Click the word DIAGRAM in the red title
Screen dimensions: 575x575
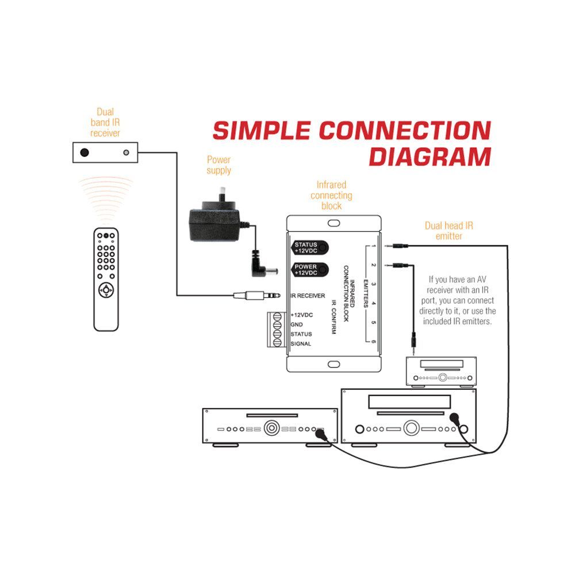coord(430,156)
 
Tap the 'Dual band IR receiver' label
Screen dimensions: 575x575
coord(105,122)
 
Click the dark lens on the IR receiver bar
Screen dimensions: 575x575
coord(85,152)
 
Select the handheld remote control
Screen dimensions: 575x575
coord(106,279)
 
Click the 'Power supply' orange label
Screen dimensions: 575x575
coord(219,165)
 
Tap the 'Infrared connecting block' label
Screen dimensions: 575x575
coord(331,195)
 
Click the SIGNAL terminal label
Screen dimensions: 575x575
coord(301,344)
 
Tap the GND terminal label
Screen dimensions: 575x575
coord(297,325)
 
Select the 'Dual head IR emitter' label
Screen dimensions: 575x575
coord(448,231)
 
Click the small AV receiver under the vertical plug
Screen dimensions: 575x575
coord(441,371)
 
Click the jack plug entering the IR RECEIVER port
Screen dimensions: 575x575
coord(256,296)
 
